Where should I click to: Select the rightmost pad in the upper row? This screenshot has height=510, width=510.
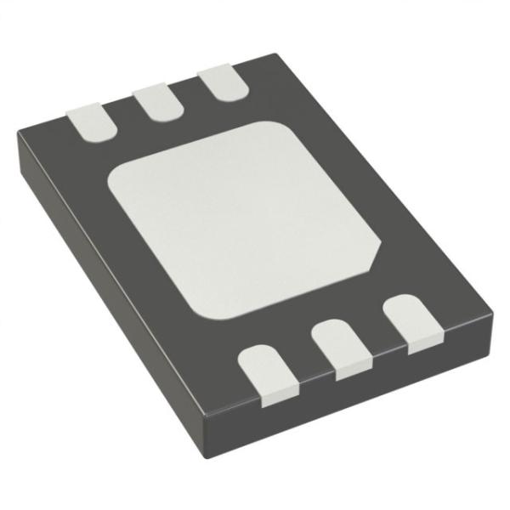coord(217,84)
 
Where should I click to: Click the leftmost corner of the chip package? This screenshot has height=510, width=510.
coord(19,136)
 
